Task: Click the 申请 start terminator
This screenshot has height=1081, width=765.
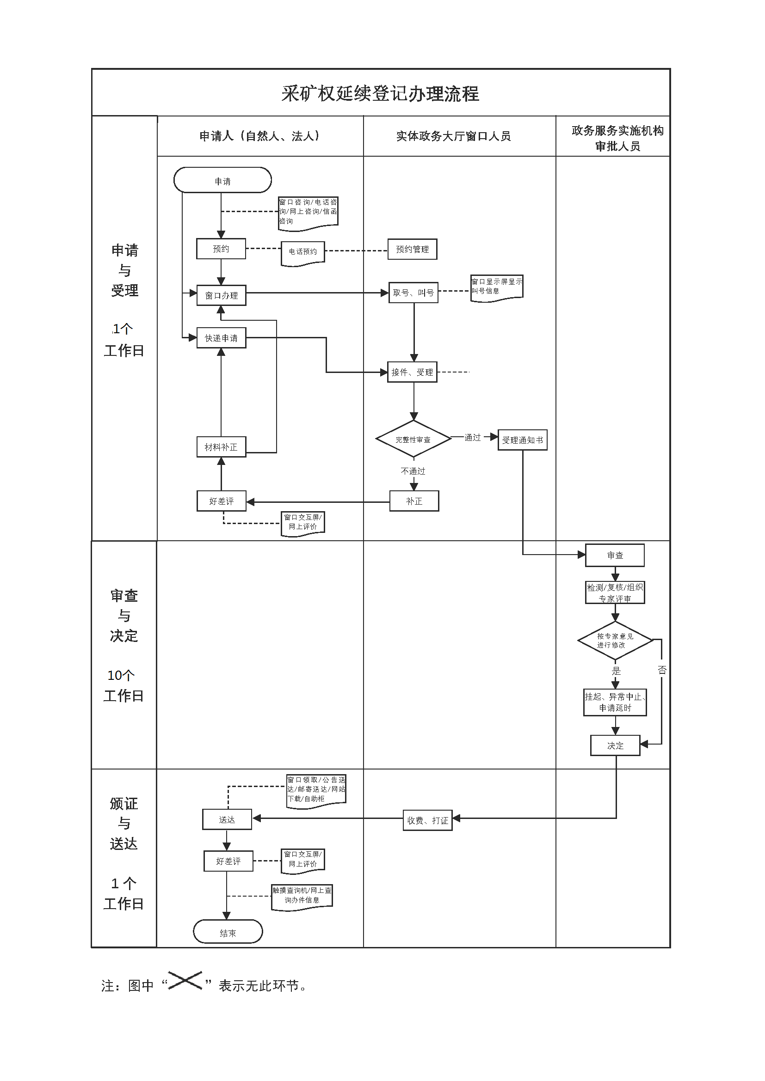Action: pyautogui.click(x=222, y=180)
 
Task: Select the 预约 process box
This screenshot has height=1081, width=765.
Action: pyautogui.click(x=221, y=249)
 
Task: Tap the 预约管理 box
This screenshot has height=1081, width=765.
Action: pyautogui.click(x=412, y=249)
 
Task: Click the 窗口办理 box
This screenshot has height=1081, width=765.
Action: pyautogui.click(x=221, y=295)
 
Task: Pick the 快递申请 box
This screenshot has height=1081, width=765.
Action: pyautogui.click(x=221, y=338)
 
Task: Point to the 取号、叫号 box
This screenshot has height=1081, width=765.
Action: pyautogui.click(x=413, y=293)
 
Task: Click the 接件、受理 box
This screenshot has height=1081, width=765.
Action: pyautogui.click(x=412, y=372)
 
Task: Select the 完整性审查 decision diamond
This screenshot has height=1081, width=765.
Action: pyautogui.click(x=413, y=439)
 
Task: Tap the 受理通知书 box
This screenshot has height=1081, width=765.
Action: pyautogui.click(x=522, y=440)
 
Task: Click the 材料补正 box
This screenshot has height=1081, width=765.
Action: pyautogui.click(x=221, y=447)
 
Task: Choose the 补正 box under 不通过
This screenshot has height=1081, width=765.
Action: pyautogui.click(x=414, y=501)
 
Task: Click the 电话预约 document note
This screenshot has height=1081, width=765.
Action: pyautogui.click(x=303, y=252)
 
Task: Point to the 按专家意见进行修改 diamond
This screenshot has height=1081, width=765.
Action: pyautogui.click(x=615, y=640)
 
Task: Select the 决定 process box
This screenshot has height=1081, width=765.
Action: pyautogui.click(x=615, y=745)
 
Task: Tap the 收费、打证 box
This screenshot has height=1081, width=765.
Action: pyautogui.click(x=427, y=820)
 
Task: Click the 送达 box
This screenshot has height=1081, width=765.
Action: pyautogui.click(x=227, y=819)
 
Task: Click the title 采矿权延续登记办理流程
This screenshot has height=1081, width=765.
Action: pyautogui.click(x=380, y=93)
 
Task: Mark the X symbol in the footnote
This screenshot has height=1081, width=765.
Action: pyautogui.click(x=185, y=980)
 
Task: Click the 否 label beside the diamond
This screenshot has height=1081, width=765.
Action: pyautogui.click(x=662, y=670)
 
